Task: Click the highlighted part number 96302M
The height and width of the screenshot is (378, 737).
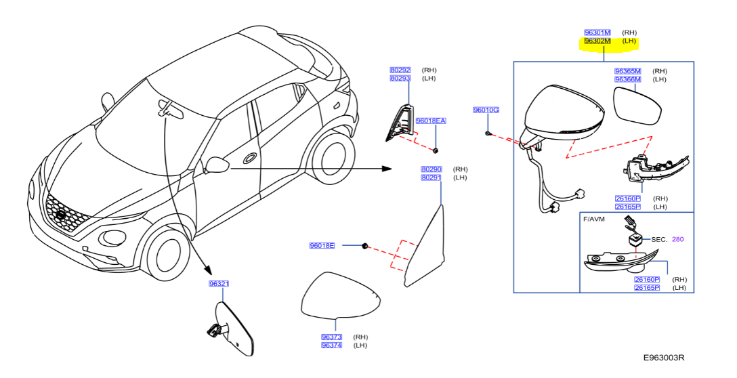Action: [597, 41]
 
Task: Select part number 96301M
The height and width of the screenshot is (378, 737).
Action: [597, 32]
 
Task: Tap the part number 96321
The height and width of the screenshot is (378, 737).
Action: [218, 284]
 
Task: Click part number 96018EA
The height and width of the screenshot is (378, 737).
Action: [431, 121]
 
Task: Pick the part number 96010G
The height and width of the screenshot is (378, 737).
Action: [486, 110]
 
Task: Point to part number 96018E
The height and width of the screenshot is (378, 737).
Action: [322, 245]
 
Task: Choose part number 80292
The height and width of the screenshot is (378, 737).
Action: [400, 70]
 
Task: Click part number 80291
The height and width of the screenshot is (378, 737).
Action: [431, 177]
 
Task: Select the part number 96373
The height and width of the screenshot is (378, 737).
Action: [331, 337]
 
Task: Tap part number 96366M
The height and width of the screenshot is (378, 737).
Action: [627, 79]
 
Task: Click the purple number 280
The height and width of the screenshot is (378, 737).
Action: [678, 239]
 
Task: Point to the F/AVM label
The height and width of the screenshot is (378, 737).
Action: [593, 219]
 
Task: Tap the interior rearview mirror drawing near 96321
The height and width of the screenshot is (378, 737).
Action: [234, 329]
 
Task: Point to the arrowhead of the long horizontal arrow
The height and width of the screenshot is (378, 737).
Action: [387, 168]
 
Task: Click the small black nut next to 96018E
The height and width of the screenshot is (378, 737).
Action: [364, 245]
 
